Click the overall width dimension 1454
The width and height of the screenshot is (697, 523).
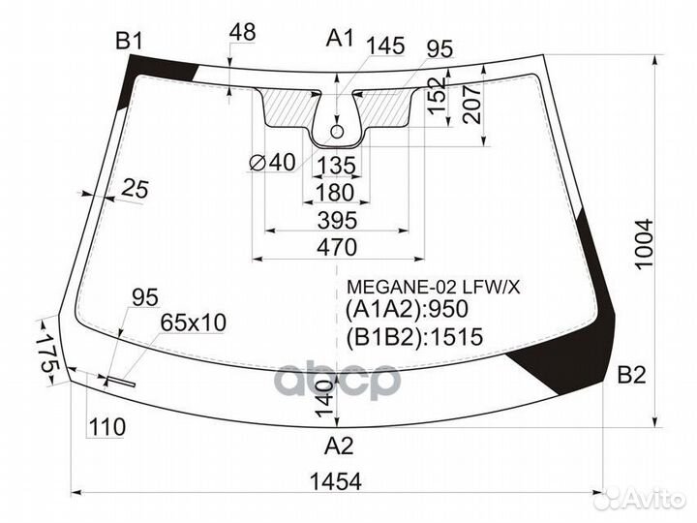coord(336,481)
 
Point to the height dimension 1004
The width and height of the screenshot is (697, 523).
coord(645,244)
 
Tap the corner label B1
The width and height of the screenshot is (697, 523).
coord(129,42)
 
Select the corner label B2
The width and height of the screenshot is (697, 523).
coord(631,376)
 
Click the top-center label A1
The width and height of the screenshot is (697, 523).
coord(340,38)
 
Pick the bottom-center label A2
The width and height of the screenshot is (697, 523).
coord(339,446)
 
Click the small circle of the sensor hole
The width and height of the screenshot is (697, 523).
coord(337,131)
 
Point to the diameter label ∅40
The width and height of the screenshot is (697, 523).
coord(272,163)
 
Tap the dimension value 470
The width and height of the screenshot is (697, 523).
coord(337,247)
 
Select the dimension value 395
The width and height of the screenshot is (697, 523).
coord(338,220)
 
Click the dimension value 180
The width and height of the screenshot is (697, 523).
coord(335,193)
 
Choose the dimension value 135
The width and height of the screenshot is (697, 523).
coord(336,166)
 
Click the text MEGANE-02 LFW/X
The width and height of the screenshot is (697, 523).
coord(433,288)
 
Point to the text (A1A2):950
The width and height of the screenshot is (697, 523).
coord(407,309)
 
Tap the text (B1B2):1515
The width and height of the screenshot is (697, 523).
coord(414,337)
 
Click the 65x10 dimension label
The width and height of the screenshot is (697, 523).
coord(194,323)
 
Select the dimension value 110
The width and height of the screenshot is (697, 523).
coord(107,427)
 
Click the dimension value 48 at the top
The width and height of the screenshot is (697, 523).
coord(243,33)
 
